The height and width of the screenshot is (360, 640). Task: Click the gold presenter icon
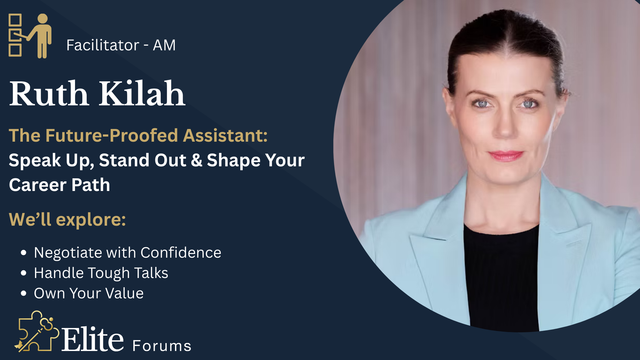coord(30,36)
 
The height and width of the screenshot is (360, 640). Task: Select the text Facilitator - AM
coord(121,45)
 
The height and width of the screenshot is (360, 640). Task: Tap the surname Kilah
coord(142,93)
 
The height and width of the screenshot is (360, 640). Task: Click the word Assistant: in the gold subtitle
coord(225,135)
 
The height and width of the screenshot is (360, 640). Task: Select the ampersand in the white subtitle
coord(197,160)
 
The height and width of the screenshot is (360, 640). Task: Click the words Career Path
coord(59,185)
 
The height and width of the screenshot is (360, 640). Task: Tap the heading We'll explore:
coord(67,219)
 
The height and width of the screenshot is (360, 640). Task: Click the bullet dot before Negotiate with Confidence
coord(23,253)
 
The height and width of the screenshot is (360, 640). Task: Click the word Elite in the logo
coord(93,339)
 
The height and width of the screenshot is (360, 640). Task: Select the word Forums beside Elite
coord(162,346)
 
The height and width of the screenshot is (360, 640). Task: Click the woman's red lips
coord(506,155)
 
